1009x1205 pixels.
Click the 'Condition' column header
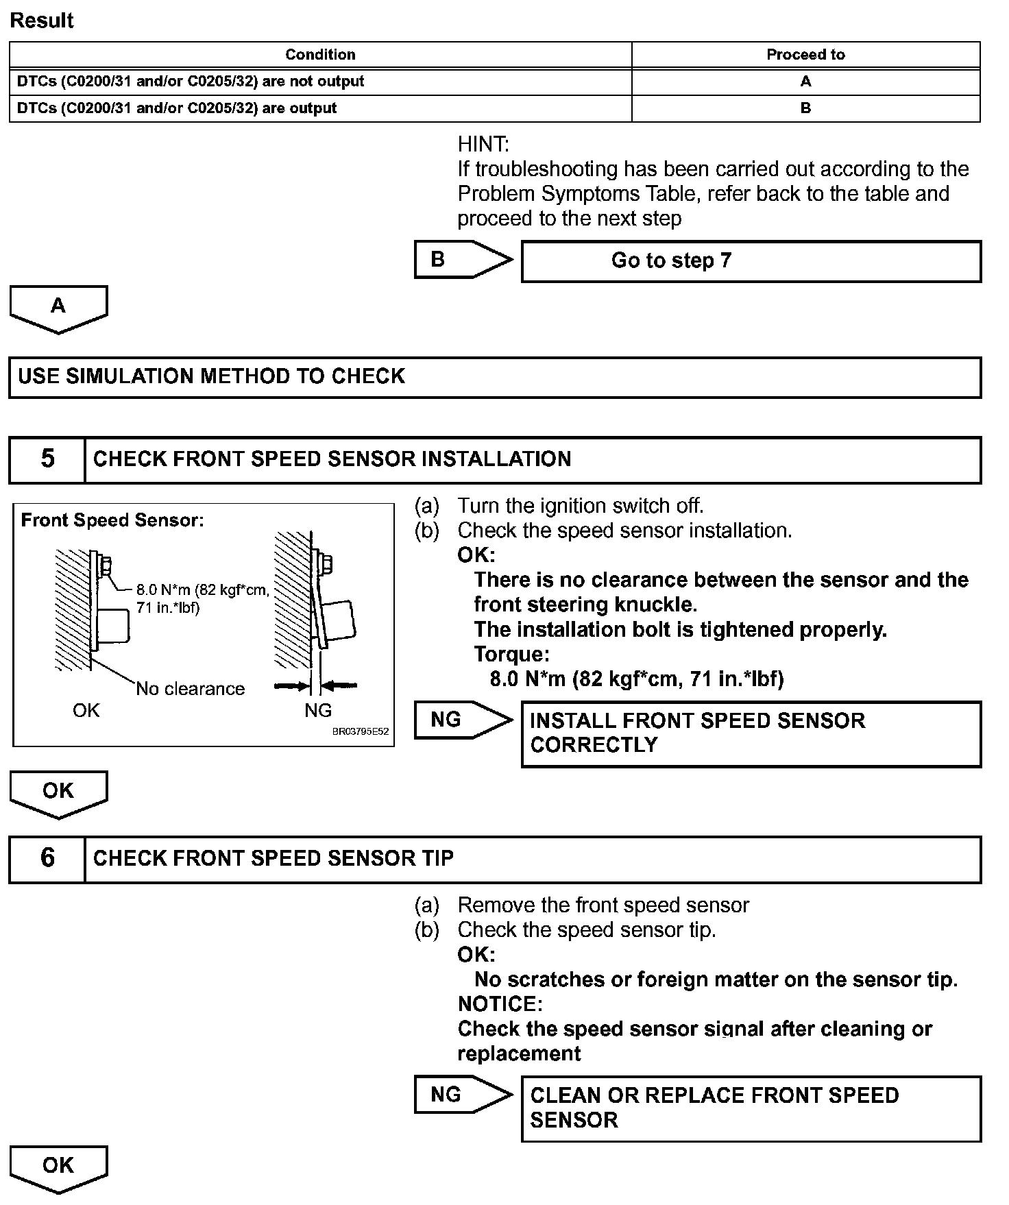click(x=320, y=55)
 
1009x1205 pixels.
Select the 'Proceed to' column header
click(x=805, y=55)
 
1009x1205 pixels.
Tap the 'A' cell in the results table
click(x=805, y=82)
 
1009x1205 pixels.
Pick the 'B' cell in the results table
click(x=805, y=108)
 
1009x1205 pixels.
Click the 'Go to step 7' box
click(x=751, y=261)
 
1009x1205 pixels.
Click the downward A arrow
click(x=58, y=308)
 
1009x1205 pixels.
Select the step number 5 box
click(x=47, y=459)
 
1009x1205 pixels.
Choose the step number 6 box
click(x=47, y=858)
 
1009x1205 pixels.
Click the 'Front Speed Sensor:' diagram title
click(x=112, y=520)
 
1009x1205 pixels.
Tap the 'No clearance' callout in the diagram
click(x=190, y=689)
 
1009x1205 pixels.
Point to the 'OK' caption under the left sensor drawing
click(x=86, y=711)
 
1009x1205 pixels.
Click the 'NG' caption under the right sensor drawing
click(x=318, y=711)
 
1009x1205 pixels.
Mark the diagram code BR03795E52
click(x=361, y=732)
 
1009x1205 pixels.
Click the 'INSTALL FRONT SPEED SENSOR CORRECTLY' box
click(x=751, y=733)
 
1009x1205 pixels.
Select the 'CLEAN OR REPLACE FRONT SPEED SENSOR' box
click(x=751, y=1108)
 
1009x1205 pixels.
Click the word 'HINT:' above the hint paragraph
click(x=483, y=145)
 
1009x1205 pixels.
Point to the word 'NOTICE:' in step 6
click(x=500, y=1004)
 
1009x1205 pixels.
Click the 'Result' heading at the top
click(x=42, y=21)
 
